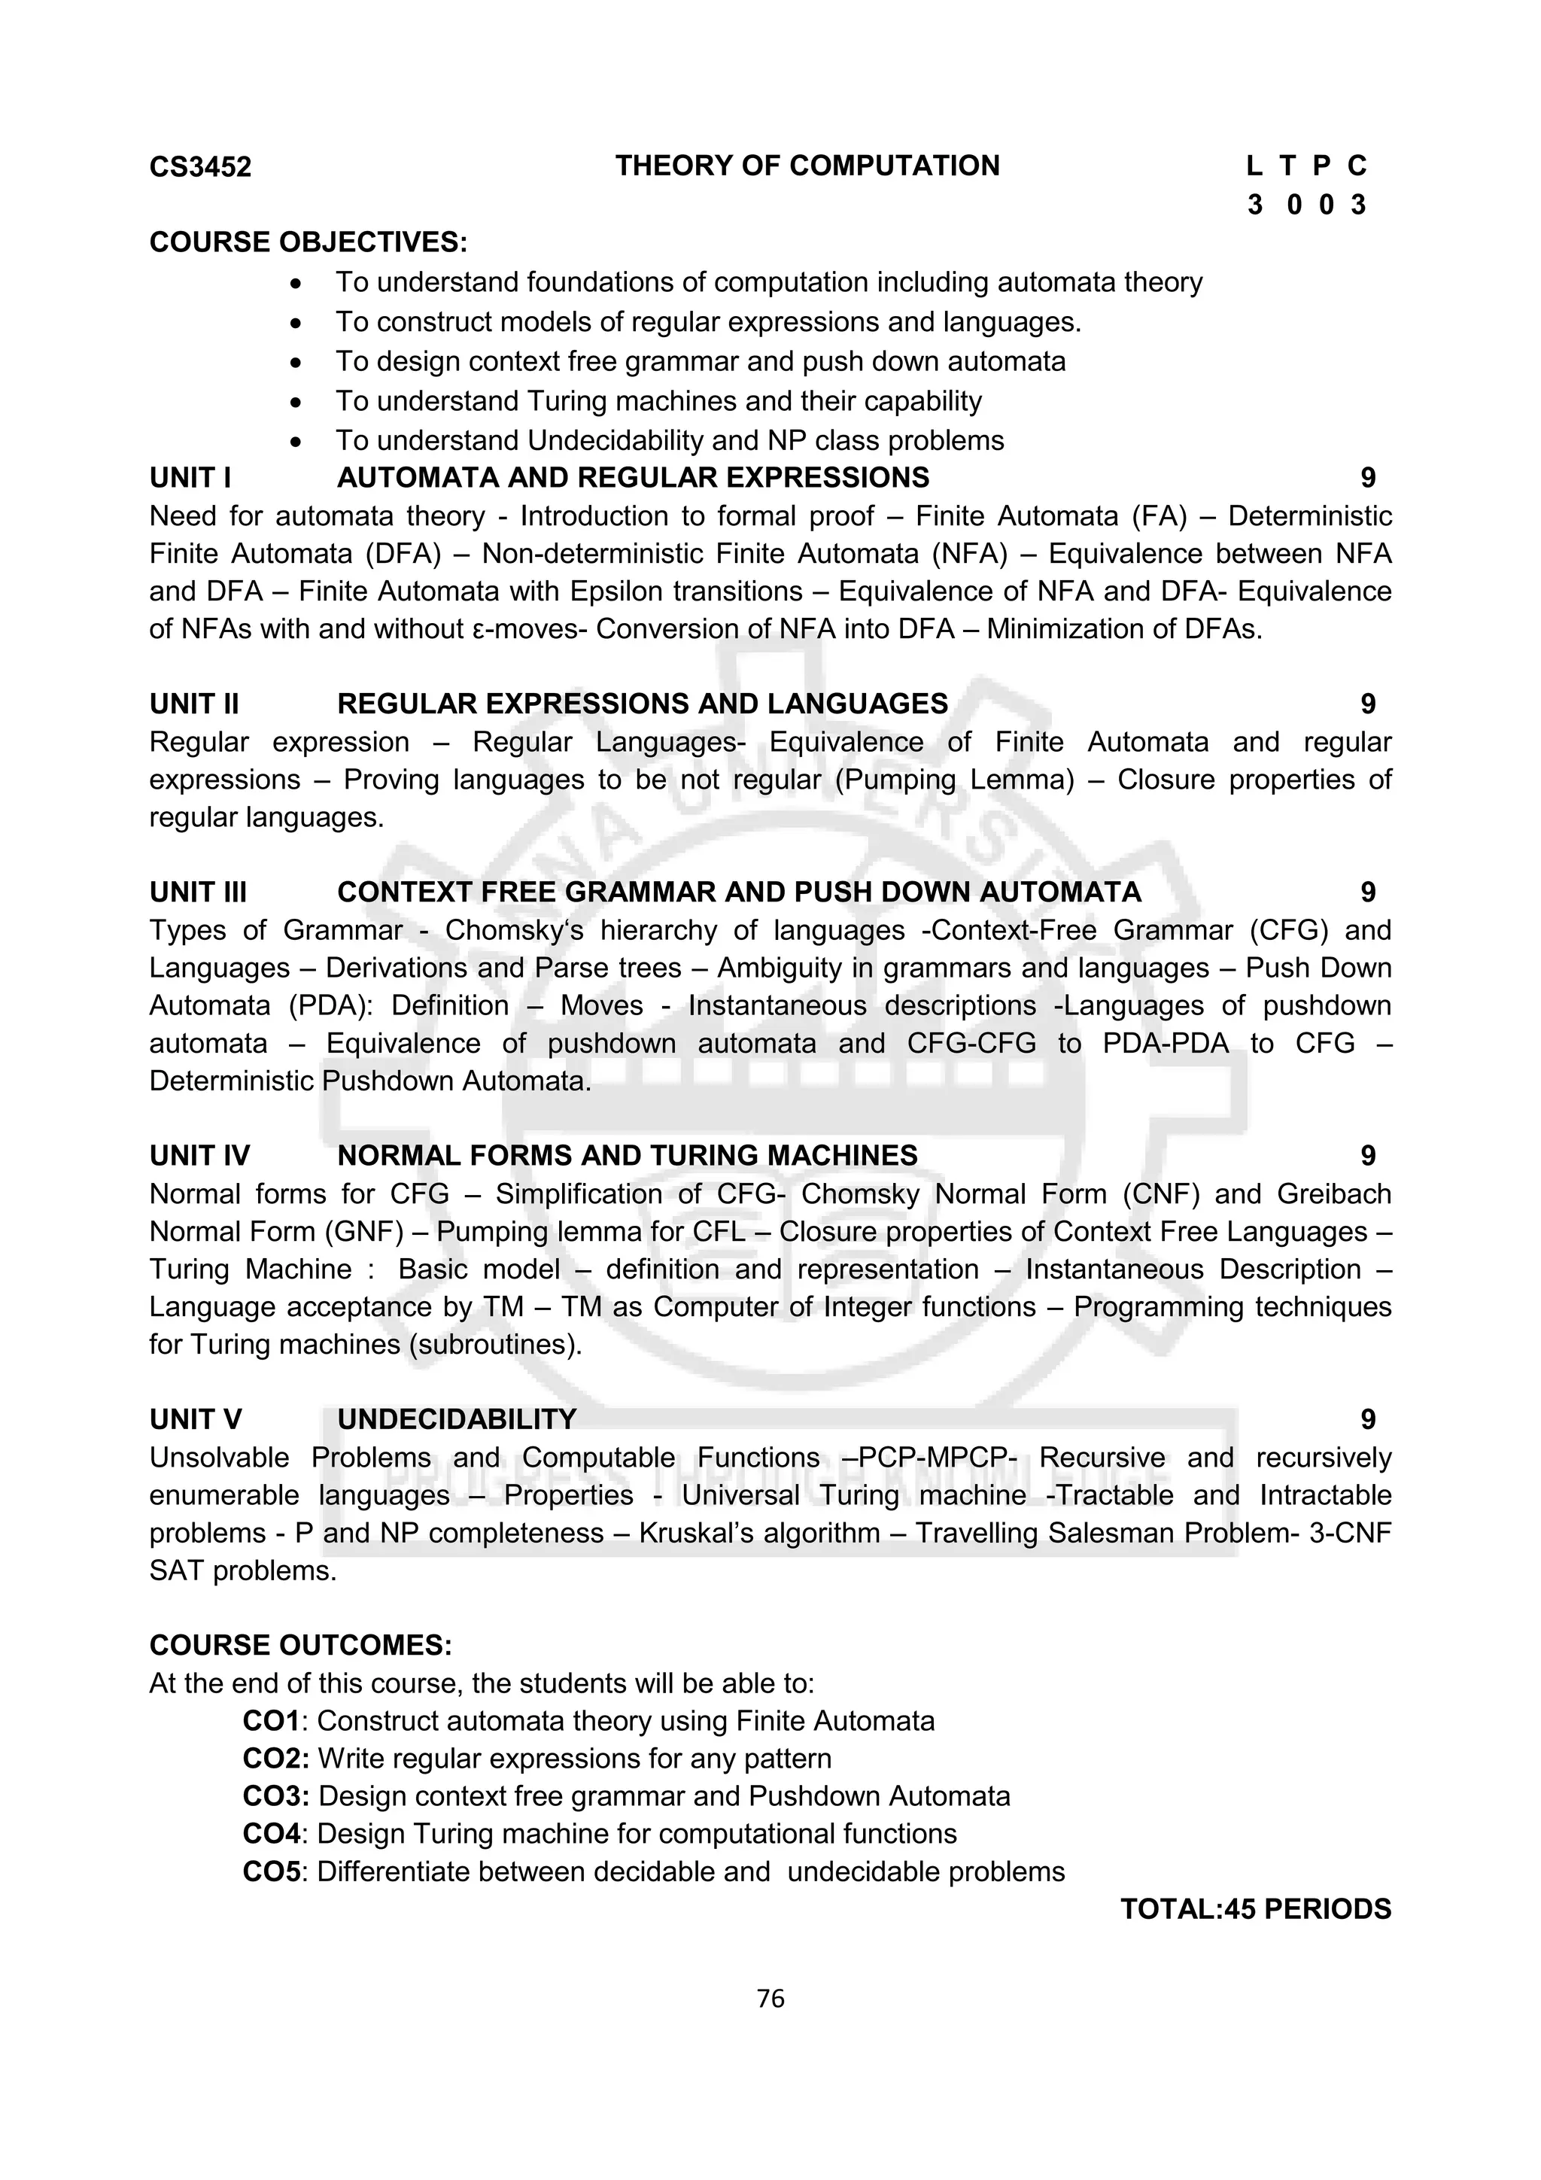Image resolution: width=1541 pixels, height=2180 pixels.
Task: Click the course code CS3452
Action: pos(200,167)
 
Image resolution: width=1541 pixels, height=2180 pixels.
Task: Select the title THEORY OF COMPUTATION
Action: pos(807,166)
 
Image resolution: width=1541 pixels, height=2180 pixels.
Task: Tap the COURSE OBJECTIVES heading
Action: pos(309,242)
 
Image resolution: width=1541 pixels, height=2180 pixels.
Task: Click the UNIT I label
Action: pos(190,478)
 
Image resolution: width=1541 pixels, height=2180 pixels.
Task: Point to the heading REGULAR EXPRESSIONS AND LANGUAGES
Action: pos(643,704)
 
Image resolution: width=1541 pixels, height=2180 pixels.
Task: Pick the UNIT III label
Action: pos(197,892)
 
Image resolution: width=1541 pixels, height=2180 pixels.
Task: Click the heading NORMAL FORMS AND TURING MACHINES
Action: pos(628,1156)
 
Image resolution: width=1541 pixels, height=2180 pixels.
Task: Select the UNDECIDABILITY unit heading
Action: pos(457,1419)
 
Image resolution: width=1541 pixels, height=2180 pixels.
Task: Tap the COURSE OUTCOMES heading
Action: pos(301,1646)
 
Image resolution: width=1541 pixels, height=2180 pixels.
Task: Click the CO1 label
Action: pos(271,1722)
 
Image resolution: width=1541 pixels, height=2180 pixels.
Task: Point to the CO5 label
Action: pos(271,1871)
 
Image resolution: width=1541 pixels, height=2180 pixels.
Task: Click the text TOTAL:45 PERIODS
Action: pos(1255,1909)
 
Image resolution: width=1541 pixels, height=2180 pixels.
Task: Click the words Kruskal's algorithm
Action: pos(759,1534)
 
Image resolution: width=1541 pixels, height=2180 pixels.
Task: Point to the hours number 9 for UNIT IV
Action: pos(1367,1156)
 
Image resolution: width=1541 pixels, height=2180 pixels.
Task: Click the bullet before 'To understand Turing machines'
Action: pos(297,403)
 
